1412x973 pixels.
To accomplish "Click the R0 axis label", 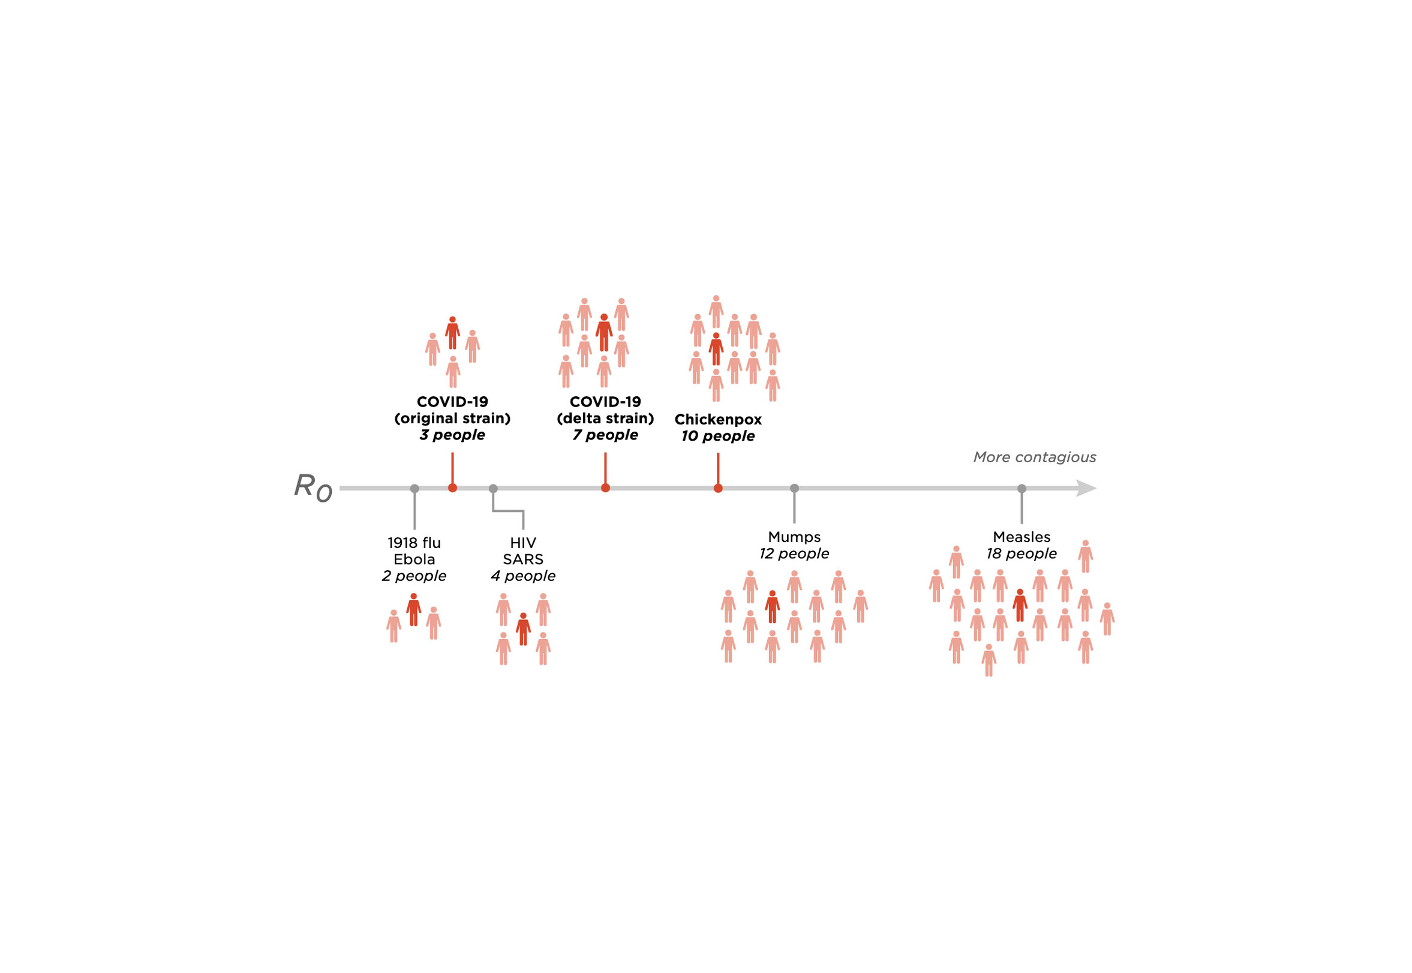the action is [313, 488].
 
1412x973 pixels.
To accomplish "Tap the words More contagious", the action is [1035, 457].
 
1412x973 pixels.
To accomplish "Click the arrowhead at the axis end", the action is [1086, 489].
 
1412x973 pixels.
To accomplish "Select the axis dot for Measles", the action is [1022, 489].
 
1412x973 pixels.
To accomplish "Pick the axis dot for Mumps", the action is [794, 489].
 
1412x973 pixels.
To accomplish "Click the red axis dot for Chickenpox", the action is [718, 489].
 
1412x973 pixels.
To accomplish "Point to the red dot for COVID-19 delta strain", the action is [605, 489].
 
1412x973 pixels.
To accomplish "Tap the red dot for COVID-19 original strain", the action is [452, 489].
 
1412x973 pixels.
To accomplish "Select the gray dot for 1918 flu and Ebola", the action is [414, 489].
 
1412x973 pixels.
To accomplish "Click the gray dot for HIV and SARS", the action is [493, 489].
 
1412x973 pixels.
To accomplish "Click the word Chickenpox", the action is [718, 420].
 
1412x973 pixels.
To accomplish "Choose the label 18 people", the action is [1022, 553].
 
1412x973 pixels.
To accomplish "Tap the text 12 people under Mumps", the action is [794, 553].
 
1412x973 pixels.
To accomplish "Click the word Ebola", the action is [414, 560].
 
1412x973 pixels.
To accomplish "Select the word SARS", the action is [522, 560].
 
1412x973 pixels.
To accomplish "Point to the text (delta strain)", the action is [605, 419].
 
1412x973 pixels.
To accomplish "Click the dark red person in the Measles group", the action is [1020, 606].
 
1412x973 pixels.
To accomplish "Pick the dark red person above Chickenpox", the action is [716, 350].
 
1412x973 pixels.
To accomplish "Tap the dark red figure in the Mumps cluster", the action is [772, 607].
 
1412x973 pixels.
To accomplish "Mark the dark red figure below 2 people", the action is [413, 610].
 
